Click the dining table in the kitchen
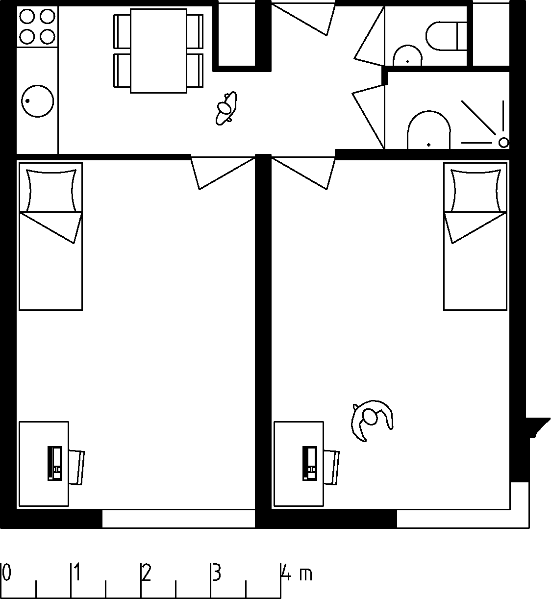pyautogui.click(x=158, y=51)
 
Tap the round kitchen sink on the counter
pyautogui.click(x=37, y=101)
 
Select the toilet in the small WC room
pyautogui.click(x=446, y=36)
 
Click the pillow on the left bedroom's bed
pyautogui.click(x=51, y=191)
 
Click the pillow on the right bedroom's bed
pyautogui.click(x=476, y=191)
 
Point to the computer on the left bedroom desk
pyautogui.click(x=55, y=463)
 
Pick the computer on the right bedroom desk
pyautogui.click(x=310, y=463)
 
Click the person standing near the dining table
pyautogui.click(x=226, y=108)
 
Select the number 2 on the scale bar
pyautogui.click(x=146, y=573)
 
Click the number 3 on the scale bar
pyautogui.click(x=217, y=573)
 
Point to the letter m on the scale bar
pyautogui.click(x=306, y=575)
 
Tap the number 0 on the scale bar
pyautogui.click(x=6, y=573)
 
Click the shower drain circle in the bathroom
pyautogui.click(x=504, y=143)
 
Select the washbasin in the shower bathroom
pyautogui.click(x=428, y=130)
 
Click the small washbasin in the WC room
pyautogui.click(x=407, y=56)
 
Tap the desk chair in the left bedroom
pyautogui.click(x=77, y=467)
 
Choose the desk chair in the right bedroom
pyautogui.click(x=332, y=467)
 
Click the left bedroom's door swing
pyautogui.click(x=223, y=173)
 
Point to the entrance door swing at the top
pyautogui.click(x=303, y=19)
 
